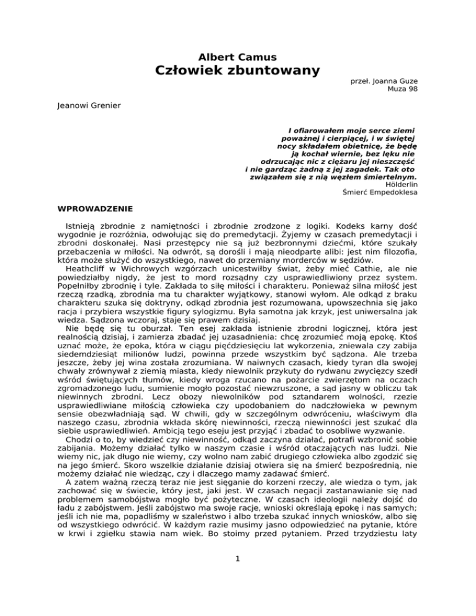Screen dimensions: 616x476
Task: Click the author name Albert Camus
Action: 237,57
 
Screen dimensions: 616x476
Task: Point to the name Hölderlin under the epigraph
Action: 401,184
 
